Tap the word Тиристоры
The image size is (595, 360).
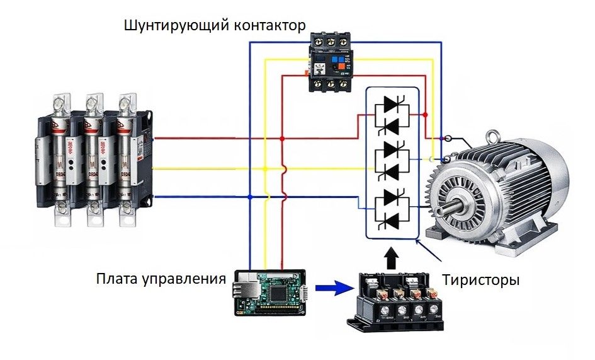[481, 279]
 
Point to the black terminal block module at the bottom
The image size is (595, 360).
[395, 301]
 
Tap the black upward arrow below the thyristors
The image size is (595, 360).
[392, 257]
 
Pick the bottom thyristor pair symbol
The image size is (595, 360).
[391, 207]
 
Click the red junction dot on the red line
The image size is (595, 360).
[283, 138]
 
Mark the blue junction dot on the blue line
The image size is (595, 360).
[250, 197]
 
